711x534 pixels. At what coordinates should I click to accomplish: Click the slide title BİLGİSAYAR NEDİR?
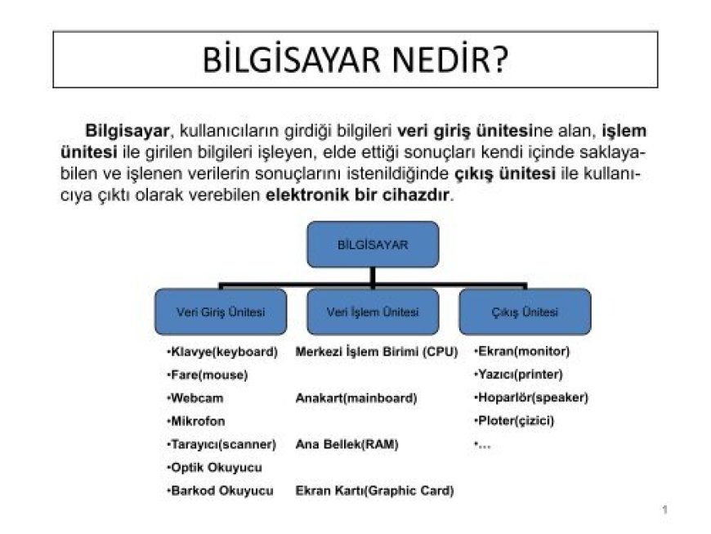click(x=355, y=60)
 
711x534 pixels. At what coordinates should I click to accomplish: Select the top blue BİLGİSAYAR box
click(x=373, y=244)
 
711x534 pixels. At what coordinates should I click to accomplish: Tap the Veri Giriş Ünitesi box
click(x=221, y=312)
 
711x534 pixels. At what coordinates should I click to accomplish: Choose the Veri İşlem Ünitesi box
click(x=373, y=312)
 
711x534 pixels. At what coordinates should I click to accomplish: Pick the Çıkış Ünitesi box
click(x=525, y=312)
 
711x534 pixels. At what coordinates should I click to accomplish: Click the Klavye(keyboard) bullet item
click(x=222, y=352)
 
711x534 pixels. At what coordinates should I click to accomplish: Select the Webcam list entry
click(x=195, y=398)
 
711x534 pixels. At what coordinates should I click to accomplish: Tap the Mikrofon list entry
click(x=196, y=421)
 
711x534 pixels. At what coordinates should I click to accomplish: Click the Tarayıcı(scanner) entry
click(x=221, y=444)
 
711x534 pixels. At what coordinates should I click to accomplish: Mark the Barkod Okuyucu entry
click(x=219, y=491)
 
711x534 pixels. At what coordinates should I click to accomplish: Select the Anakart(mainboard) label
click(x=355, y=398)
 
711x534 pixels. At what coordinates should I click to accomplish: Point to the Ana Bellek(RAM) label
click(x=347, y=444)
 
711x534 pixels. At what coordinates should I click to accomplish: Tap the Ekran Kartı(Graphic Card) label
click(x=374, y=491)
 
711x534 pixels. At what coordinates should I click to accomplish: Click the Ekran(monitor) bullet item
click(x=522, y=352)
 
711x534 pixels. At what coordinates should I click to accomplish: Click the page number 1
click(x=665, y=510)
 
